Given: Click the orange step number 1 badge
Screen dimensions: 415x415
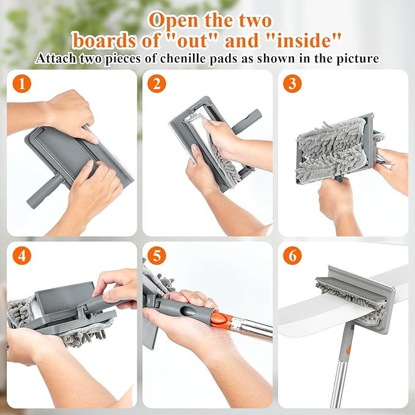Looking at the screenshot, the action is point(22,84).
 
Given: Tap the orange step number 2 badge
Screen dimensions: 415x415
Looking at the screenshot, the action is point(156,84).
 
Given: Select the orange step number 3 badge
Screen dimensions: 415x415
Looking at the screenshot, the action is point(292,84).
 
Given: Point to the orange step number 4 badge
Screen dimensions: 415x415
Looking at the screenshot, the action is point(22,255).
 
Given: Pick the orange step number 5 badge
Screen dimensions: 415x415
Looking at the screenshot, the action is point(156,255).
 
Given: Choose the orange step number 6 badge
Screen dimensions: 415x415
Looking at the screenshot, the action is point(292,255).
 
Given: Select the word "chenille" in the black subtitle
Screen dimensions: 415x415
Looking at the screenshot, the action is point(183,58).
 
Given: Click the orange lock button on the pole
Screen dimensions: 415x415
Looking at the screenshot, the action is point(220,318).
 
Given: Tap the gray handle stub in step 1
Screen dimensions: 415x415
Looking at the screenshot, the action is point(45,192).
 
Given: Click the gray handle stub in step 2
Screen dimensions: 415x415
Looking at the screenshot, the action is point(247,121).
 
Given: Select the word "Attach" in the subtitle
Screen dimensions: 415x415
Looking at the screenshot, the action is point(56,58).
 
